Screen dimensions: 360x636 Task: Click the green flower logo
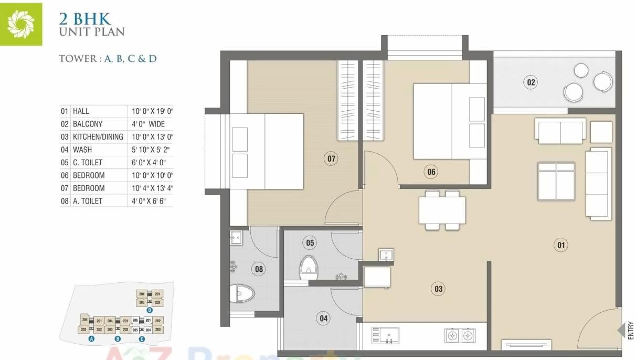(x=20, y=23)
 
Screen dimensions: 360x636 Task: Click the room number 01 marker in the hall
(x=561, y=245)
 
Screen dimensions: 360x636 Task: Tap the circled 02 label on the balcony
(x=531, y=82)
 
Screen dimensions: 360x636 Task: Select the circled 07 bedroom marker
(x=331, y=158)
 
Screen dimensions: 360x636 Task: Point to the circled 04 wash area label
(x=324, y=318)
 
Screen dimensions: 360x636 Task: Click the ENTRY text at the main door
(x=631, y=331)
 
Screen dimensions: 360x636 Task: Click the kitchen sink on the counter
(x=385, y=335)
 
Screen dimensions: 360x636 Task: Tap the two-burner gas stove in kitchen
(x=460, y=335)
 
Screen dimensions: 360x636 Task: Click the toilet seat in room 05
(x=309, y=268)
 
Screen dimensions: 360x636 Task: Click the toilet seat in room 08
(x=243, y=292)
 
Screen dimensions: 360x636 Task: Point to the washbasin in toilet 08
(x=236, y=237)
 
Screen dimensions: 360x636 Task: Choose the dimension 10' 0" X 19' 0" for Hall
(x=152, y=111)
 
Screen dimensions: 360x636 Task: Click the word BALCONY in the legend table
(x=88, y=124)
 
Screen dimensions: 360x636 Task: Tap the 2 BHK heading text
(x=85, y=19)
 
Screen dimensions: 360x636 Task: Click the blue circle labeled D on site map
(x=150, y=310)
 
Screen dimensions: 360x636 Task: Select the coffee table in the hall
(x=556, y=181)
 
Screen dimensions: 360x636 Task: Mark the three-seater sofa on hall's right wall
(x=598, y=183)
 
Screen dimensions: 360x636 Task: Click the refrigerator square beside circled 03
(x=377, y=277)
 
